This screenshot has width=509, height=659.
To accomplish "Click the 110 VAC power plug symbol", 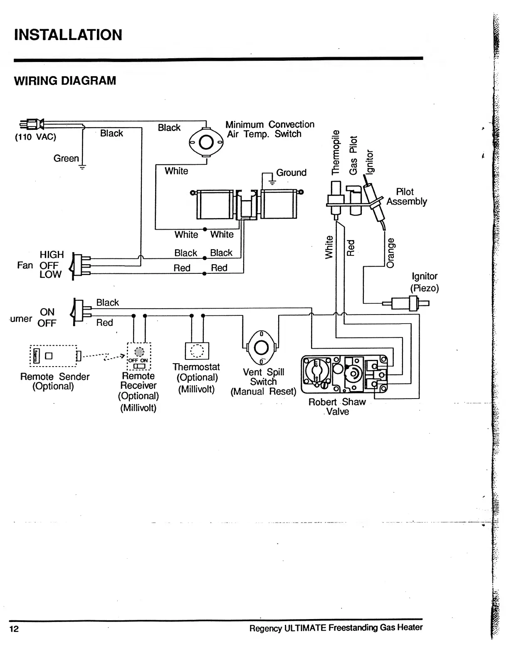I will [32, 124].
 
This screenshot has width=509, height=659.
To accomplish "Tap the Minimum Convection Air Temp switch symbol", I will [206, 142].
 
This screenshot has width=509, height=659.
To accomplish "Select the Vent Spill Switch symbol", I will [261, 347].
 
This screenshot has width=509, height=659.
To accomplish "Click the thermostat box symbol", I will [197, 351].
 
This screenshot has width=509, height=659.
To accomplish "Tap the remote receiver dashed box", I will [138, 357].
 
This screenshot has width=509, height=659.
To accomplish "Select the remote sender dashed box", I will [53, 356].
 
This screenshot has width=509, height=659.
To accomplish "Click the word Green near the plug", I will [66, 159].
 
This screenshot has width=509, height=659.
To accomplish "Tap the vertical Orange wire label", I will [390, 253].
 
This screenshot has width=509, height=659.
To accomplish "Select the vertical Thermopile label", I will [335, 152].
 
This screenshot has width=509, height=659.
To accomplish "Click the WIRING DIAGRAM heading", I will [65, 81].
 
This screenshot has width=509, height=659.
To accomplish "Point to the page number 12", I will [14, 629].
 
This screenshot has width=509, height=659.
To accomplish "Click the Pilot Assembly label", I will [406, 197].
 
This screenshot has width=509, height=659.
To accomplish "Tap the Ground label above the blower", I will [291, 173].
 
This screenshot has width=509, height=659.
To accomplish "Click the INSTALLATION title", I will [68, 35].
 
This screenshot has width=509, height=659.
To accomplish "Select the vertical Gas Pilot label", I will [353, 155].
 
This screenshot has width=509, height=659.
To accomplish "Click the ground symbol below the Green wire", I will [82, 168].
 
